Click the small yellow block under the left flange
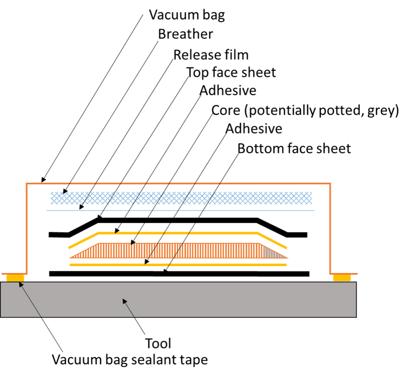click(15, 278)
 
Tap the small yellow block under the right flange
click(342, 278)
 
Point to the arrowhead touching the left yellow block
click(21, 284)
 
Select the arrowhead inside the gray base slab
click(125, 301)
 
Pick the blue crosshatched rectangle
click(262, 198)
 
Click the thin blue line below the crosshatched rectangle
click(262, 210)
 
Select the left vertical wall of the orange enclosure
click(27, 229)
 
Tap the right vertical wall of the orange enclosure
click(330, 229)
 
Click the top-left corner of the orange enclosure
click(27, 184)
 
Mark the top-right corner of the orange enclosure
click(330, 184)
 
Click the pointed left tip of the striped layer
click(70, 258)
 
